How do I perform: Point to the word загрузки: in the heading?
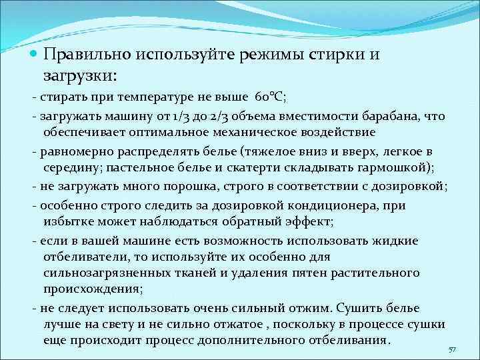point(79,75)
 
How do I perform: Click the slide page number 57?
point(453,349)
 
